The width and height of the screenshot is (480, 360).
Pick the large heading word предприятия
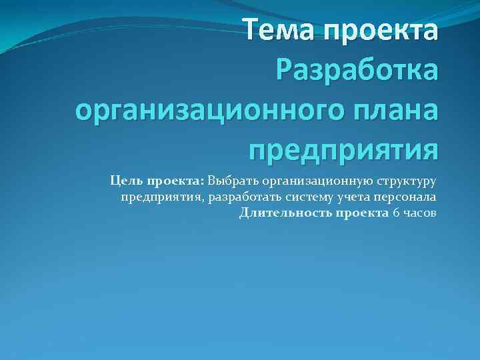[343, 148]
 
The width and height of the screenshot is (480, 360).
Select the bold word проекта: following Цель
[175, 180]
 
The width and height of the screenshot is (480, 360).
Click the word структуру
[407, 180]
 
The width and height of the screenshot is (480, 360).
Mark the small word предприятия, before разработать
[161, 197]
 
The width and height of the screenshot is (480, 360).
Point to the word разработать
[241, 197]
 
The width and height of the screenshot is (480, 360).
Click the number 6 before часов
[396, 213]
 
